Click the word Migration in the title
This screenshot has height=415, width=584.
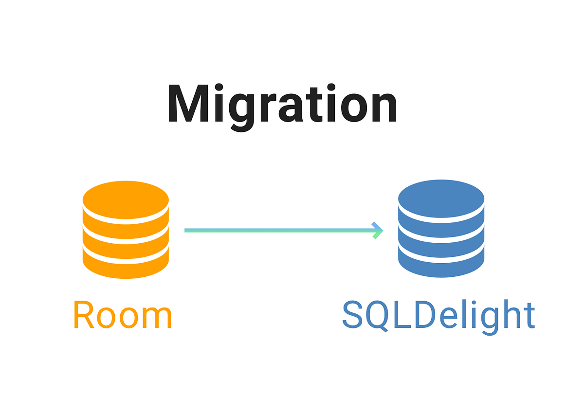(x=282, y=105)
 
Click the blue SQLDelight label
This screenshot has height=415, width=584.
(x=438, y=315)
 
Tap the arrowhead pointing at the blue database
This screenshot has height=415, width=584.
(x=378, y=230)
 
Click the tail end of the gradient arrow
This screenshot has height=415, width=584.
(x=186, y=230)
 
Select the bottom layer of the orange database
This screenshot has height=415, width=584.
(x=126, y=267)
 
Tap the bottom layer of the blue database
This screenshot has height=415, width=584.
(x=441, y=267)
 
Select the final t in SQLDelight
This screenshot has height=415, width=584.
(x=529, y=315)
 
